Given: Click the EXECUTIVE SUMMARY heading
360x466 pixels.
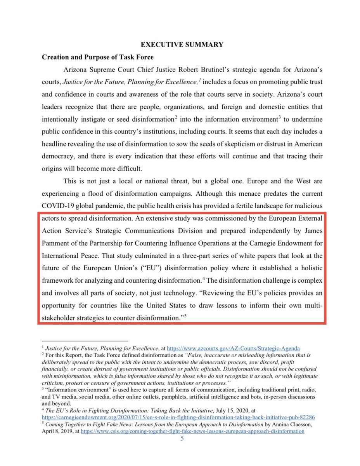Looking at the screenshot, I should click(182, 44).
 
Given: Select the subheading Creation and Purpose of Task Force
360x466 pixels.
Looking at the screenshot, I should click(97, 57).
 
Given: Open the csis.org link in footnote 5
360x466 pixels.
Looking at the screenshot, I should click(192, 431).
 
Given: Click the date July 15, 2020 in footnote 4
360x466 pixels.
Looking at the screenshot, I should click(208, 410).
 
